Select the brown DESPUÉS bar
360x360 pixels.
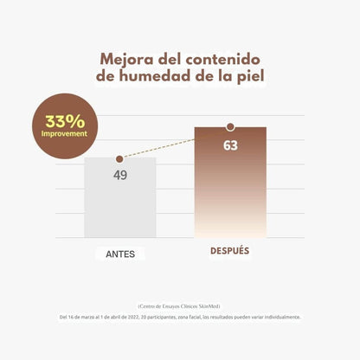[229, 190]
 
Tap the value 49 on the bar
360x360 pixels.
[120, 175]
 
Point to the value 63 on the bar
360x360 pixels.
[230, 145]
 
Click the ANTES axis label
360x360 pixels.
[120, 254]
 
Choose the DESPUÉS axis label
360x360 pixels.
[229, 251]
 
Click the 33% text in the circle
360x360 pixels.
[65, 120]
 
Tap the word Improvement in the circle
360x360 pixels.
[65, 135]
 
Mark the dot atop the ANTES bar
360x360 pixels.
[120, 159]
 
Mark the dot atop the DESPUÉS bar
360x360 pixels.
[230, 127]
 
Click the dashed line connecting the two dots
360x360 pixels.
[173, 144]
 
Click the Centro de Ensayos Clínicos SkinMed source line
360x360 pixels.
[179, 306]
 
